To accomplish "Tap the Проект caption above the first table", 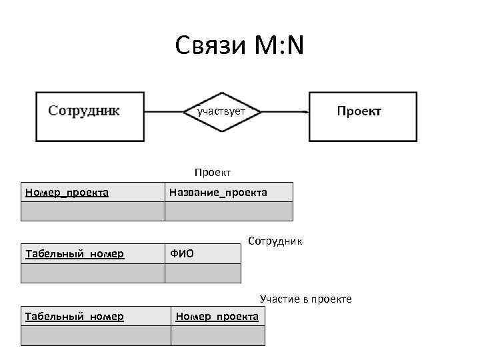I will (x=213, y=173).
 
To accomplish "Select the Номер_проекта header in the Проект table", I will (x=67, y=193).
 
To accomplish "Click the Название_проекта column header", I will (x=218, y=193).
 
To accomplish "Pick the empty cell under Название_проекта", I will (x=228, y=211).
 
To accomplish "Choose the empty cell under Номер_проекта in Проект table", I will (x=93, y=211).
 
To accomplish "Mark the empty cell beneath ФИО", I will (x=203, y=273).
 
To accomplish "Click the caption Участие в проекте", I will (x=305, y=299).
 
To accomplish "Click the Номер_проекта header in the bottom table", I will (x=217, y=316).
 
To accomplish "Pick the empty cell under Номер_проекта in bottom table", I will (x=217, y=335).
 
